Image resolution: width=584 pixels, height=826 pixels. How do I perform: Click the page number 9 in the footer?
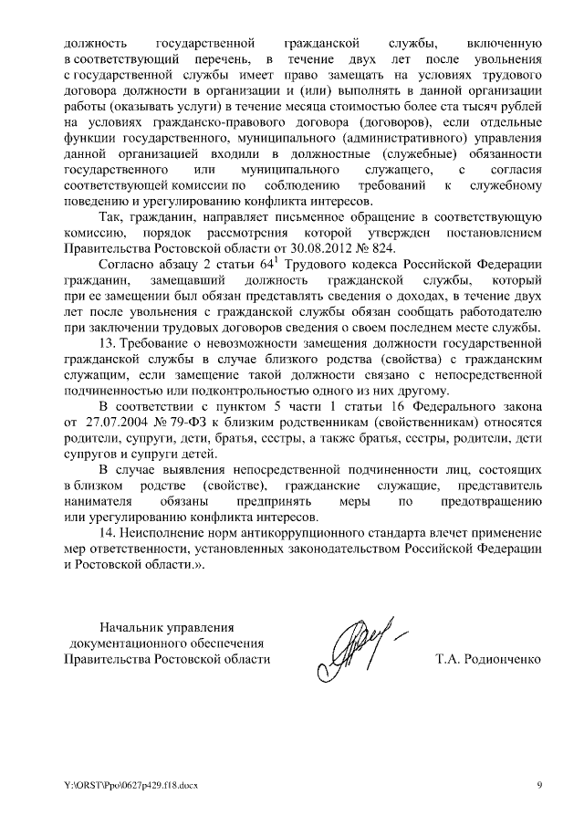pyautogui.click(x=538, y=785)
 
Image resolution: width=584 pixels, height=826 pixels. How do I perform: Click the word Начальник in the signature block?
pyautogui.click(x=127, y=626)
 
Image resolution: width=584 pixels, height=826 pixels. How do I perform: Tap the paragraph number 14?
pyautogui.click(x=109, y=532)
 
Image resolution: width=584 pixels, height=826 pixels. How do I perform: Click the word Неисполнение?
pyautogui.click(x=165, y=532)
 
